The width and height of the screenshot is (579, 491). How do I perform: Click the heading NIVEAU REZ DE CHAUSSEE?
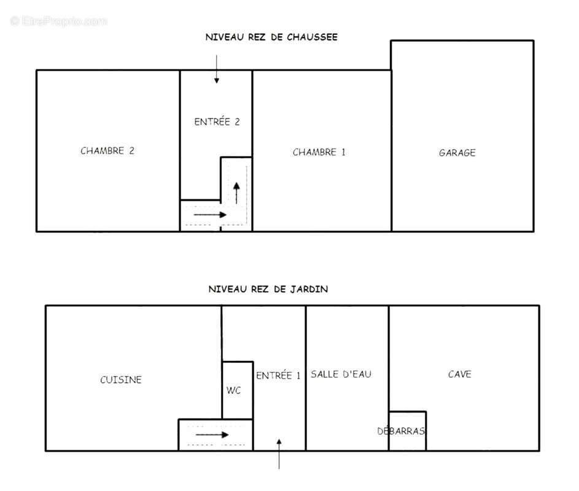pos(271,37)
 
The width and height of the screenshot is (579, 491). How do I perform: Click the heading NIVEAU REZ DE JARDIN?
pos(268,289)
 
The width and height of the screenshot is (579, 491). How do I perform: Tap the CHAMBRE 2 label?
pos(107,150)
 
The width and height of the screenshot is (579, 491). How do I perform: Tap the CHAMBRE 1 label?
pos(319,152)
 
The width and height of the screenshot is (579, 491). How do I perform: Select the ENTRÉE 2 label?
pos(217,122)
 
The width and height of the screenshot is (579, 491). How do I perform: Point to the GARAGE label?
pos(457,152)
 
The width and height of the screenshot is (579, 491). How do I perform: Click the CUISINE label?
pos(121,379)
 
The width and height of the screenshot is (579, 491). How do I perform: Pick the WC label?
pos(233,390)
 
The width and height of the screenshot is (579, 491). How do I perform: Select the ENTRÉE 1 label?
pos(278,375)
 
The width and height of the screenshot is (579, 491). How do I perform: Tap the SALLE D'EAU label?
pos(341,374)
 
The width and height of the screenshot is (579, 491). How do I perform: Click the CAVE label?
pos(460,374)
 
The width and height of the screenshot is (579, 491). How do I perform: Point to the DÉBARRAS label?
pos(402,431)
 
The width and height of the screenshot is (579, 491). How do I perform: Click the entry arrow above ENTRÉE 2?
pos(216,69)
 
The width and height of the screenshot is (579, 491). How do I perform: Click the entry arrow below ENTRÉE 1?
pos(279,454)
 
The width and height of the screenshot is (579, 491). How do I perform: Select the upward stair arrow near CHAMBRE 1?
pos(236,193)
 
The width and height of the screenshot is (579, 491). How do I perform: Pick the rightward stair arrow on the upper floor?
pos(210,214)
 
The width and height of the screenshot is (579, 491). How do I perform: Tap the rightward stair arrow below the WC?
pos(212,435)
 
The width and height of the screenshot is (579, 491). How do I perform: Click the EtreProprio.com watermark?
pos(59,21)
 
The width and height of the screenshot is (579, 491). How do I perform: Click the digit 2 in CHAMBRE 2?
pos(131,150)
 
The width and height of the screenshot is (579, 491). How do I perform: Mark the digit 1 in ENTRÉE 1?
pos(298,376)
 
